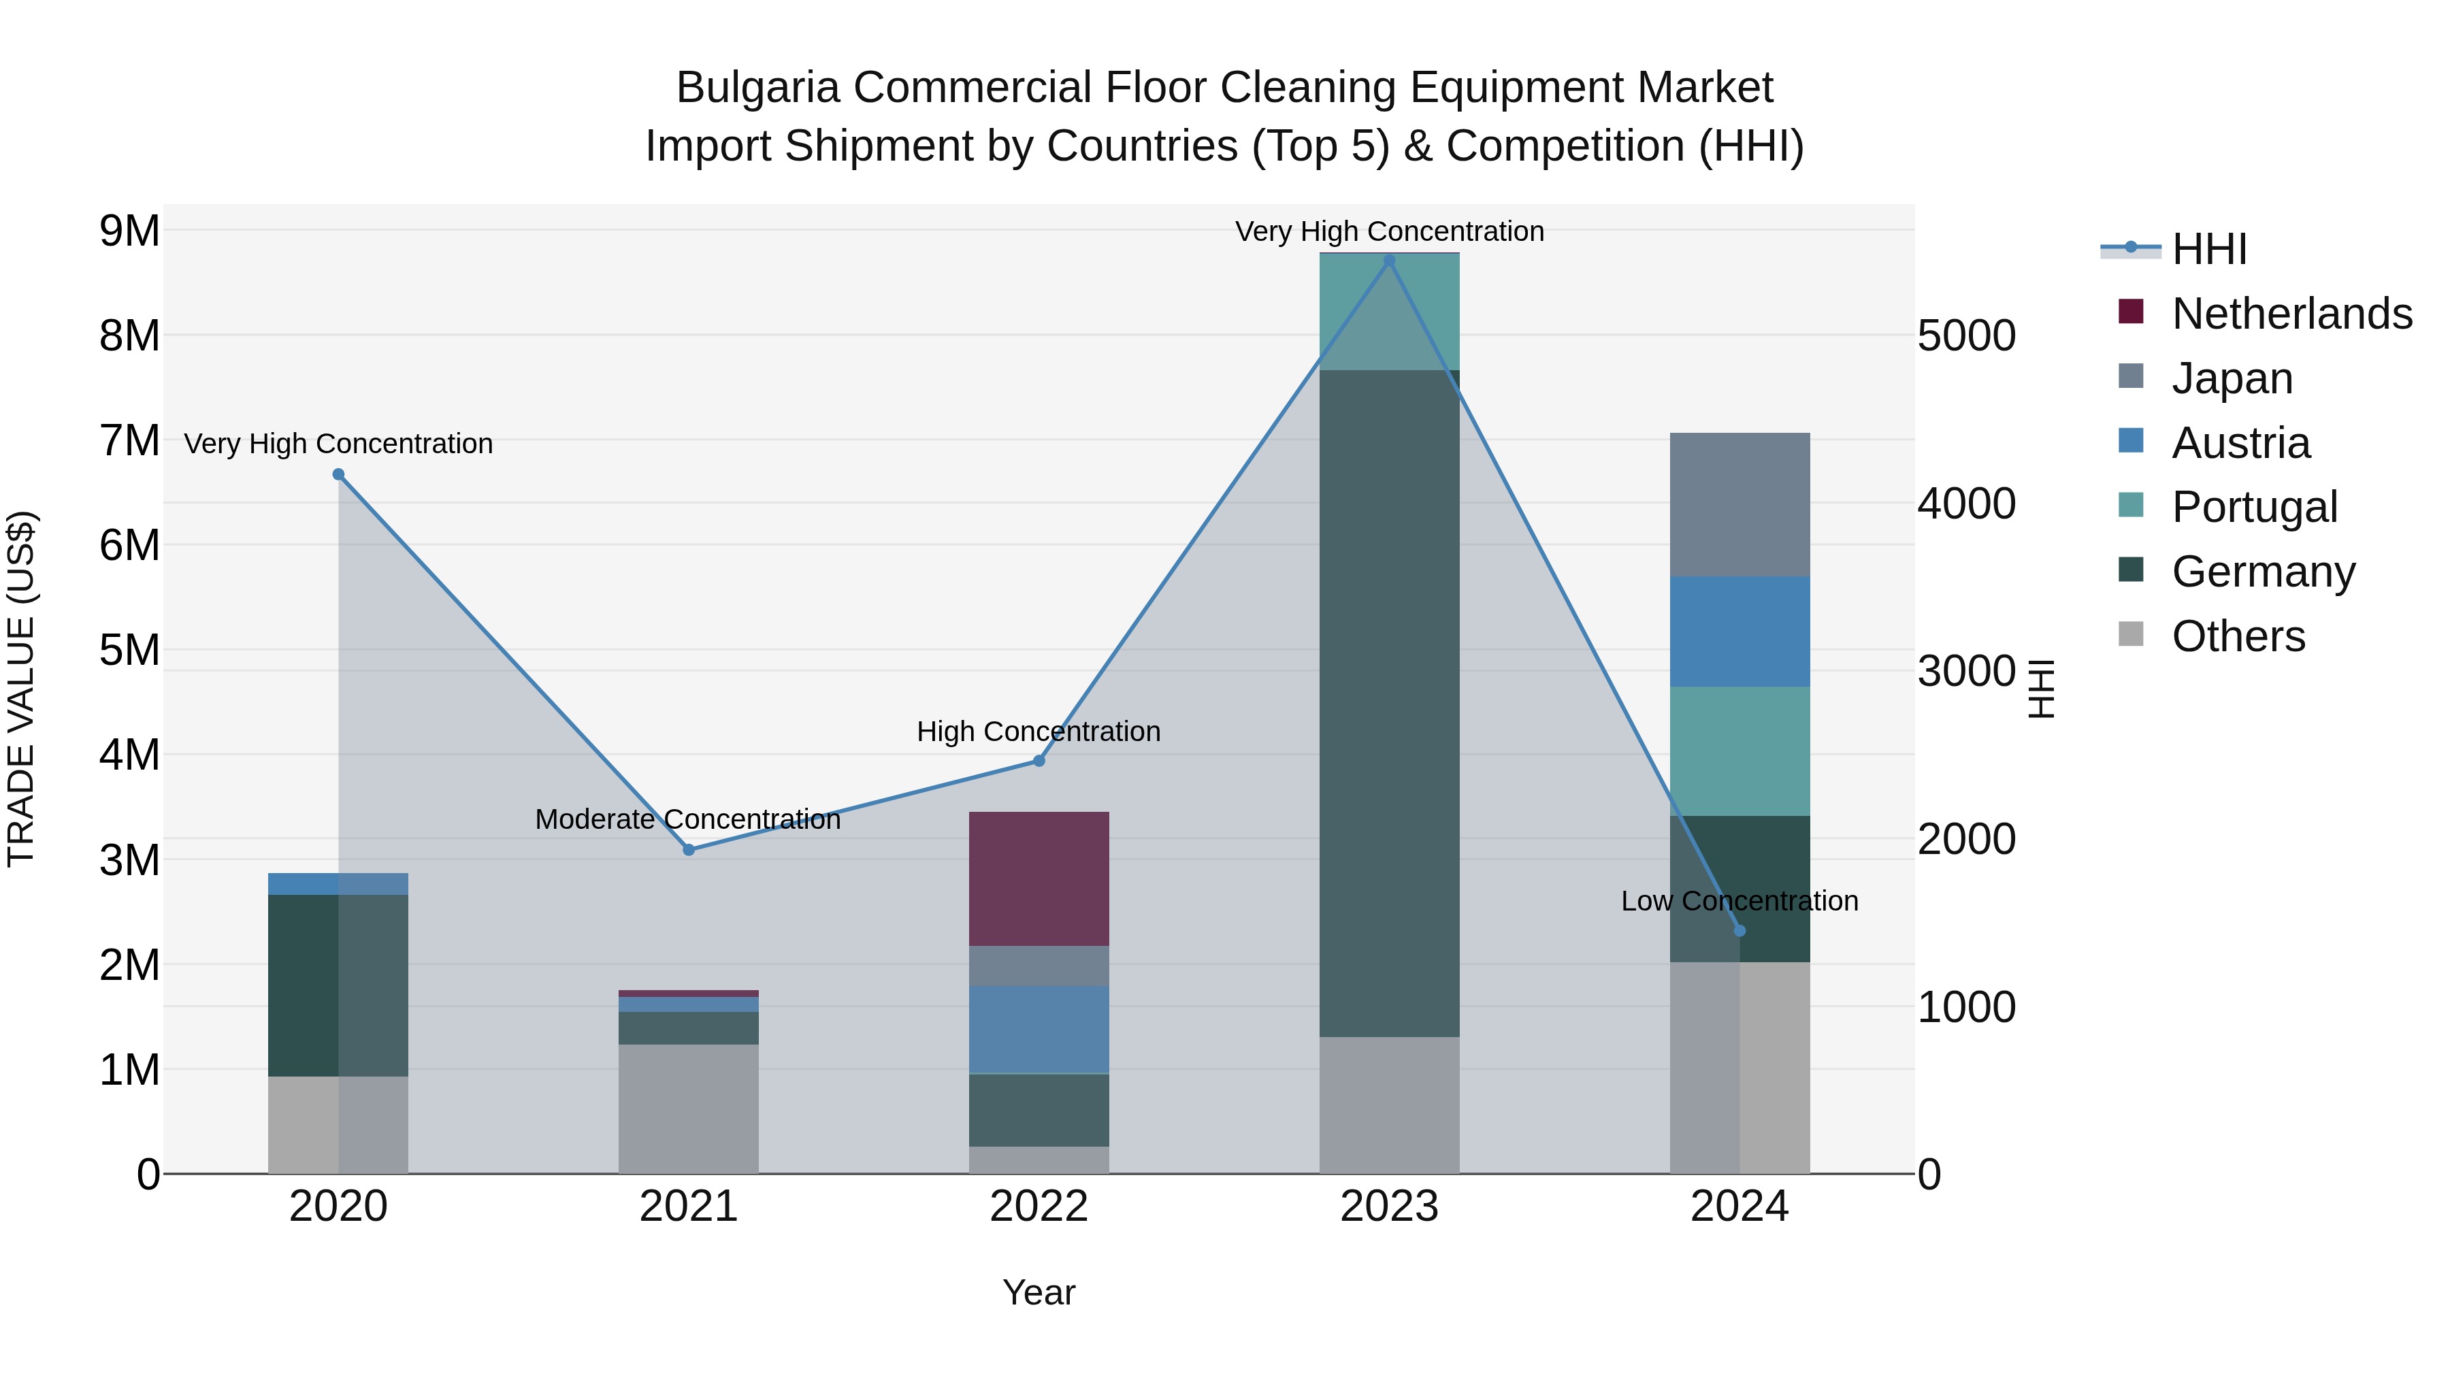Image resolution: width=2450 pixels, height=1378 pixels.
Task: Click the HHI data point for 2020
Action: (x=339, y=474)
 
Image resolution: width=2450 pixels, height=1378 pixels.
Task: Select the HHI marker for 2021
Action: (x=689, y=849)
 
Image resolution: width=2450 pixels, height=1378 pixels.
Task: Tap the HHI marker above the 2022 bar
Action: (x=1039, y=761)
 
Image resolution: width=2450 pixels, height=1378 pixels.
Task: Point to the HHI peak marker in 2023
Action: (x=1388, y=261)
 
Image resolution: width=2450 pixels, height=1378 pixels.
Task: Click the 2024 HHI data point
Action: (x=1739, y=930)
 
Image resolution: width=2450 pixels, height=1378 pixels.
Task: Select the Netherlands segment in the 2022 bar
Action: (x=1039, y=878)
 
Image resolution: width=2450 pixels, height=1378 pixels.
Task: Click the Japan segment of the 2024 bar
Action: (x=1739, y=504)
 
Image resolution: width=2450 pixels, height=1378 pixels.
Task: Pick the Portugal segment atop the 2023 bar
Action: (x=1388, y=311)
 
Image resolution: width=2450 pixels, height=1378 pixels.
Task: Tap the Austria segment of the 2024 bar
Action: (x=1739, y=631)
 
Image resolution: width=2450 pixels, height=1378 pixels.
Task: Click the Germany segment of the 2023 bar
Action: (x=1388, y=704)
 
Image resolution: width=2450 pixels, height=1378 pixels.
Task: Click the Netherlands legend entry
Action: (x=2291, y=314)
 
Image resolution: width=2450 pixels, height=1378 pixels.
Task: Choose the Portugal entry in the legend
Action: (x=2253, y=507)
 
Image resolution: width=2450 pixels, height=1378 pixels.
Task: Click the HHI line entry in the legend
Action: (x=2208, y=249)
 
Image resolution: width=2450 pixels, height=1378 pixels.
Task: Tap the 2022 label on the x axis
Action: (x=1039, y=1207)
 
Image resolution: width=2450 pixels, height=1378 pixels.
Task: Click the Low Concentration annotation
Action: (x=1739, y=900)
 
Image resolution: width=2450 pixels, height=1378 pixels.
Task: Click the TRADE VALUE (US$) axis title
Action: (x=22, y=689)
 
